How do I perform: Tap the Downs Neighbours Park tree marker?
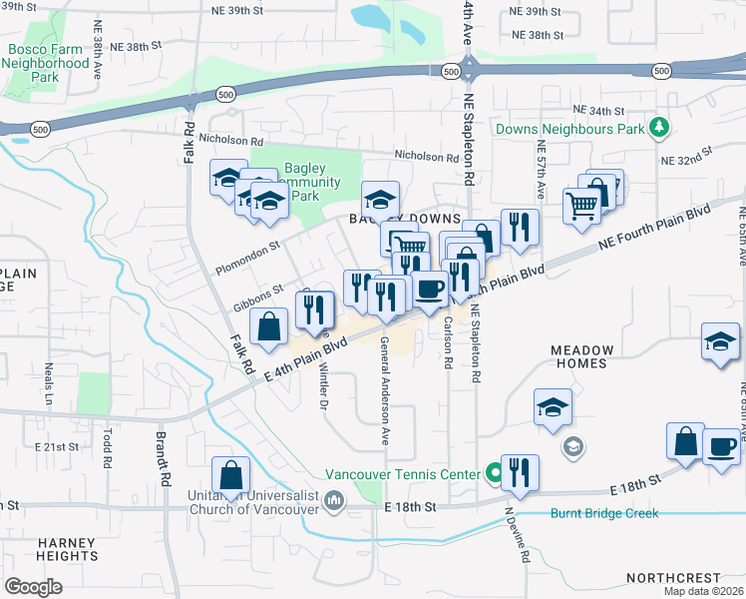point(657,128)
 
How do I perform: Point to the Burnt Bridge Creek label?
point(603,513)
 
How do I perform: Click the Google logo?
point(33,586)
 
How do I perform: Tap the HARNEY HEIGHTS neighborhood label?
point(68,549)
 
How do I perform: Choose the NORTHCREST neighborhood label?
point(672,578)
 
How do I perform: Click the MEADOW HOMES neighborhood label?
point(592,356)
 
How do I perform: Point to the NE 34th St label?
point(598,111)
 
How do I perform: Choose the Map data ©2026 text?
point(702,591)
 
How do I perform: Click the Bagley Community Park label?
point(299,182)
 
